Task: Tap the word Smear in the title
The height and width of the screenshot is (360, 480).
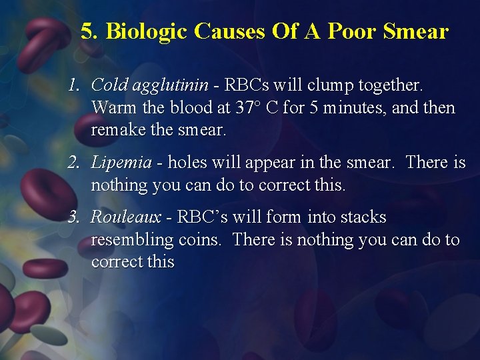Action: tap(417, 31)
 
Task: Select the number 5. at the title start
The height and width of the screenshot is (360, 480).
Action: tap(90, 31)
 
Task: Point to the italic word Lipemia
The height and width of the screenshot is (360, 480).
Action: tap(121, 162)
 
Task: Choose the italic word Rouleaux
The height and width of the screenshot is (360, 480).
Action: tap(126, 217)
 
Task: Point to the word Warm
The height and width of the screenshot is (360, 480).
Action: tap(111, 107)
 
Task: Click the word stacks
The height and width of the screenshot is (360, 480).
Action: tap(363, 217)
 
